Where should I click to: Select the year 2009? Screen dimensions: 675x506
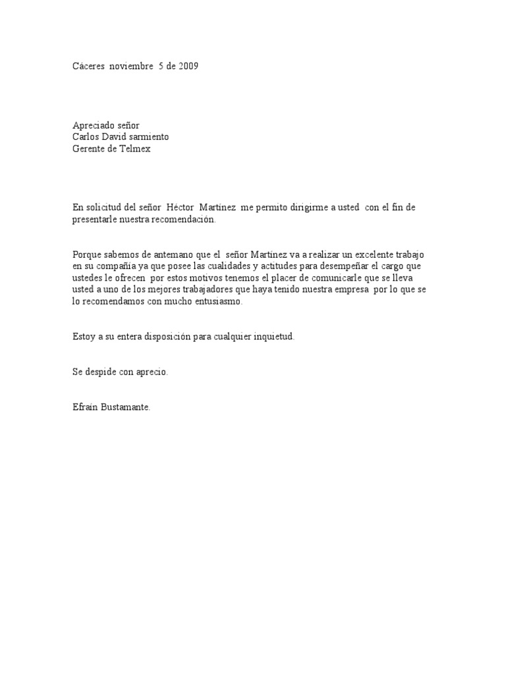click(x=187, y=66)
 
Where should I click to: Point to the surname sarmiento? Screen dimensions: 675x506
click(x=148, y=136)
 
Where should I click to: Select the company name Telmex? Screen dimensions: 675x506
click(x=136, y=148)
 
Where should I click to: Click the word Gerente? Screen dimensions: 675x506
click(x=91, y=148)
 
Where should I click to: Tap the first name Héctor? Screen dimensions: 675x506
click(x=181, y=208)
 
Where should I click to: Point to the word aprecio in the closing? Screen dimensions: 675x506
click(x=152, y=372)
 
